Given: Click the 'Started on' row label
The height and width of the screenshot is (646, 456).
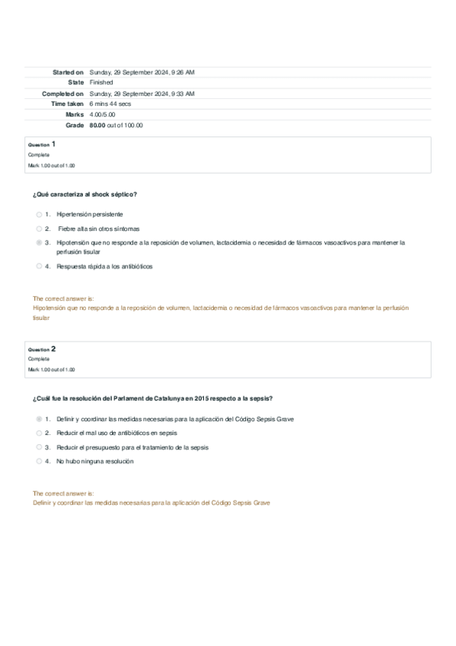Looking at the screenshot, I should point(68,72).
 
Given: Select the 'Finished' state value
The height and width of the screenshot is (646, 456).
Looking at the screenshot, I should point(101,82).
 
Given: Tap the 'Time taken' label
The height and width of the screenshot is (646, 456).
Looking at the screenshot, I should point(67,104).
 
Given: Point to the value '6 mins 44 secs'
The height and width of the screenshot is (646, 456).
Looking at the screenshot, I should point(110,104).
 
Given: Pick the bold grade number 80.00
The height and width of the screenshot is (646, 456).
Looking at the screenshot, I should point(97,125).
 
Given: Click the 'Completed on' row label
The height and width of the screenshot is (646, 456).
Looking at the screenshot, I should point(62,93).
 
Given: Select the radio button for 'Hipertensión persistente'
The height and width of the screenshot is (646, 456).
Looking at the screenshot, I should point(39,215).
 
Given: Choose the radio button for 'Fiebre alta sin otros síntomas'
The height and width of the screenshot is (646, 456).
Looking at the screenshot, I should point(39,229).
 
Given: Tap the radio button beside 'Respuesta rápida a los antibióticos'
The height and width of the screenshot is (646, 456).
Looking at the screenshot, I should point(39,267).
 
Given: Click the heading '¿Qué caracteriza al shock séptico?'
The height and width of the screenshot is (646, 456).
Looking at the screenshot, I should point(85,194).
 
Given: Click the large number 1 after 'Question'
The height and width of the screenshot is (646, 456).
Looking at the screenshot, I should point(53,143).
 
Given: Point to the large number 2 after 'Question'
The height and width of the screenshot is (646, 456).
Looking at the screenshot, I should point(53,348).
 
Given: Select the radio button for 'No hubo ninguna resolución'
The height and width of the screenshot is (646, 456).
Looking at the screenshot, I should point(39,461).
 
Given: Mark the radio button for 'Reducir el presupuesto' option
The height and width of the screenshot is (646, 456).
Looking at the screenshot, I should point(39,447).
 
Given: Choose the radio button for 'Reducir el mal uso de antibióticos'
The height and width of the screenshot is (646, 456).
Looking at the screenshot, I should point(39,433).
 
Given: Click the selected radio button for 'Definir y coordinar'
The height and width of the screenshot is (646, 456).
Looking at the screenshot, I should point(39,419).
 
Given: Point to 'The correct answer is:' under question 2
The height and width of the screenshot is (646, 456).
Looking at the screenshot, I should point(63,494).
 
